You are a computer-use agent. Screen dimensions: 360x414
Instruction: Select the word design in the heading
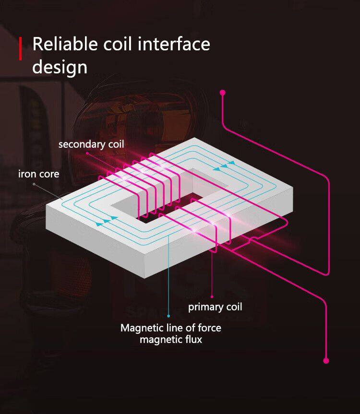pos(60,67)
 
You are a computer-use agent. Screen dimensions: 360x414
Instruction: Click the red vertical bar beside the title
pos(21,48)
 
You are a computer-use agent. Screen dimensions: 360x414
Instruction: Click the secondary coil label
pos(91,144)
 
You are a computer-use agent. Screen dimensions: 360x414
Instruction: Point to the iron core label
pos(39,174)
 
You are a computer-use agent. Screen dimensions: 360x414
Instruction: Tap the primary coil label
pos(215,307)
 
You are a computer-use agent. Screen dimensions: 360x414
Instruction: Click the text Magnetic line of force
pos(171,328)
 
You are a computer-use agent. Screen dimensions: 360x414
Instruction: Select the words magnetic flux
pos(171,340)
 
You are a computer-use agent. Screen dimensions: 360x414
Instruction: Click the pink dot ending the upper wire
pos(223,92)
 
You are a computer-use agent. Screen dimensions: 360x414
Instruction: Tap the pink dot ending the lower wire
pos(326,360)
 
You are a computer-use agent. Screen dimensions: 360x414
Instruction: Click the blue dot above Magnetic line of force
pos(168,316)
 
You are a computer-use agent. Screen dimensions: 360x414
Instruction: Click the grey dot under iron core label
pos(34,184)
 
